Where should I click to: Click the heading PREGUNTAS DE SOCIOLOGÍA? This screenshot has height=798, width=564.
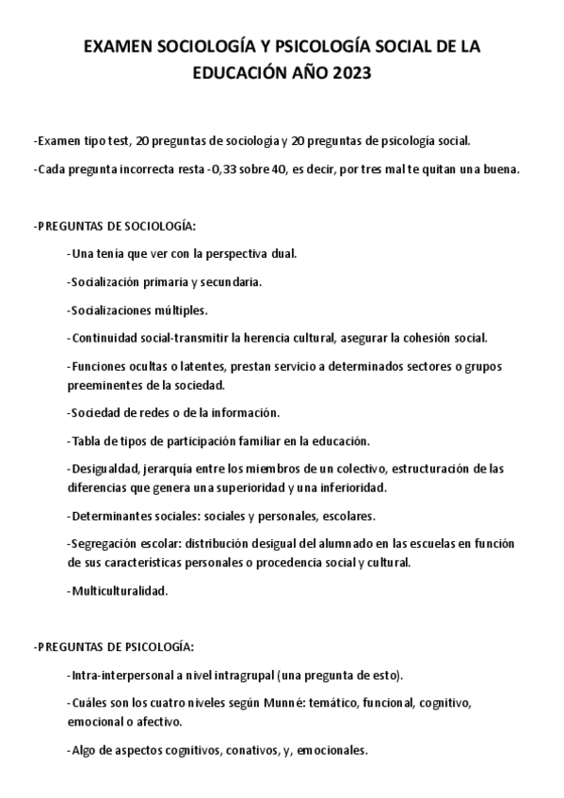pyautogui.click(x=114, y=227)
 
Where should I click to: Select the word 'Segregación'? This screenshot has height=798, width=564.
pyautogui.click(x=102, y=544)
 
